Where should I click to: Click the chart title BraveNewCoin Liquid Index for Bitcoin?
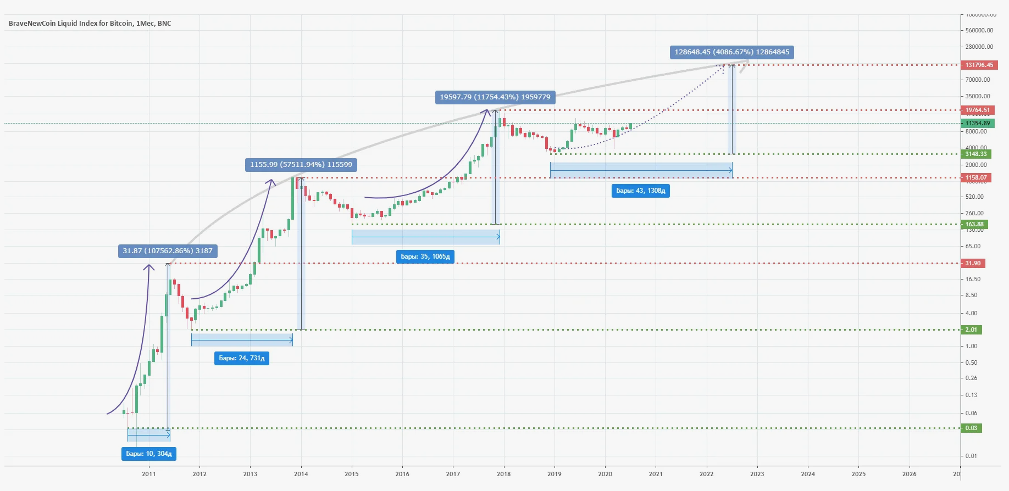[x=90, y=23]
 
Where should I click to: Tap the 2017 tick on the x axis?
[x=453, y=474]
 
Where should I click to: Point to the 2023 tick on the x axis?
[x=757, y=474]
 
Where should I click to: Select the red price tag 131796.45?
[x=979, y=65]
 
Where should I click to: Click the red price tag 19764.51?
[x=978, y=110]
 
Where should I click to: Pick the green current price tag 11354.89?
[x=978, y=123]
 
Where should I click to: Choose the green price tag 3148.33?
[x=976, y=154]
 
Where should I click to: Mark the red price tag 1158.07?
[x=976, y=177]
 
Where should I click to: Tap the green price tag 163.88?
[x=974, y=224]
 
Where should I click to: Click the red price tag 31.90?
[x=973, y=263]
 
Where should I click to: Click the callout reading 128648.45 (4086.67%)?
[x=731, y=52]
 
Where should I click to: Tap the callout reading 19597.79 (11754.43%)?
[x=495, y=97]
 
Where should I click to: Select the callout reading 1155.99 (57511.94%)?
[x=301, y=165]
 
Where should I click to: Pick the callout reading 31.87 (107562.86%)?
[x=168, y=251]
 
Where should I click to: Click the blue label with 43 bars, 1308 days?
[x=640, y=191]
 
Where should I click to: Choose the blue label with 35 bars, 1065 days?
[x=425, y=256]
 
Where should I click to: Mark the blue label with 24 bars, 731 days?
[x=241, y=358]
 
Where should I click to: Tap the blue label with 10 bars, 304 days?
[x=148, y=454]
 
